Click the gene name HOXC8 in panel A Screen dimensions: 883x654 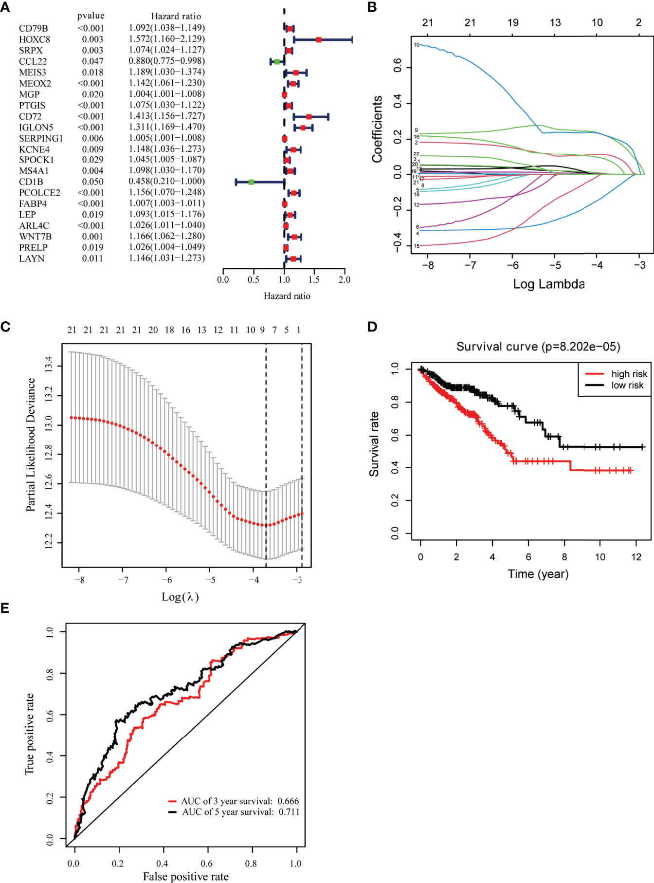point(35,39)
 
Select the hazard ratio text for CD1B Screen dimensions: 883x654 point(166,181)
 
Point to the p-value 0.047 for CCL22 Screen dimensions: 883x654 point(92,61)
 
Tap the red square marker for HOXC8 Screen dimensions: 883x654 point(319,39)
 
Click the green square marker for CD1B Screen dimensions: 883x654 point(251,182)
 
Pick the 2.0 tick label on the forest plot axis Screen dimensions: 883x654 point(345,280)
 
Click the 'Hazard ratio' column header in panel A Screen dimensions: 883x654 point(176,16)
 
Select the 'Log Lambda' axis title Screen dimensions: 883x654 point(548,284)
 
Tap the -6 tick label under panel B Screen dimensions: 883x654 point(512,265)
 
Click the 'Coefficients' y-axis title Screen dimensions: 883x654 point(377,129)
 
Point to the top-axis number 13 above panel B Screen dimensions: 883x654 point(555,23)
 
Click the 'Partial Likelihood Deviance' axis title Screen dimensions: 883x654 point(31,444)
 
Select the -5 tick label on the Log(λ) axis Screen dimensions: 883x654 point(210,580)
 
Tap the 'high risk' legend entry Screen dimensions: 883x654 point(629,374)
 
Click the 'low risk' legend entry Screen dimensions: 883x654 point(627,386)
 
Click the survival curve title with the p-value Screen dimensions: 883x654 point(538,347)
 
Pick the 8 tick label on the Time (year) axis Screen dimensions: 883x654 point(564,557)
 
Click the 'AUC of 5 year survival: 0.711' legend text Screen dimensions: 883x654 point(240,812)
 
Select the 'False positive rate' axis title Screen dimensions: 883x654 point(185,877)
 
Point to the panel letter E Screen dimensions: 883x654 point(5,608)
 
